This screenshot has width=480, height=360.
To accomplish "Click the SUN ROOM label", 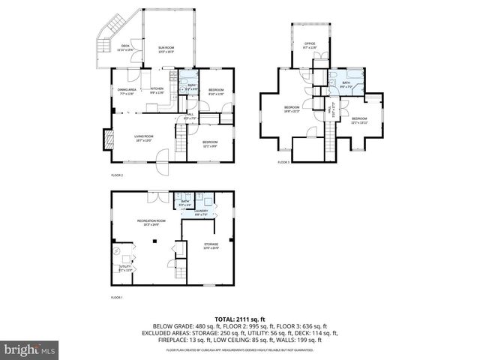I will [x=166, y=49].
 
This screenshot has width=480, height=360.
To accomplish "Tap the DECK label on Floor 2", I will [x=124, y=48].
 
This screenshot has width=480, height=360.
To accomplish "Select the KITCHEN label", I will [x=157, y=89].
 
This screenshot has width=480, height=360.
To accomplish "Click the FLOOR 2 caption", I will [x=117, y=175].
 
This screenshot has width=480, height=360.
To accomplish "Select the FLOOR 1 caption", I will [x=116, y=298].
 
